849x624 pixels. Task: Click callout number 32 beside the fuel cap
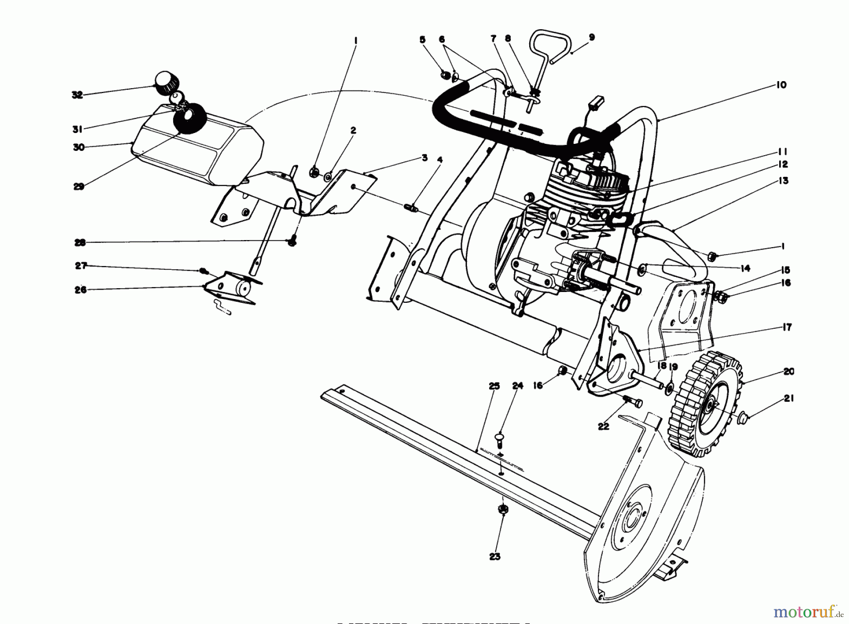[77, 95]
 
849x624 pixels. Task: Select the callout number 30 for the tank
[79, 147]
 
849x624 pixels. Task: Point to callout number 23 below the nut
[494, 557]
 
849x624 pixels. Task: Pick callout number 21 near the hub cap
[789, 399]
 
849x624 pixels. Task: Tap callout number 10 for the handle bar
[781, 85]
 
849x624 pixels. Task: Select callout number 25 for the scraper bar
[494, 386]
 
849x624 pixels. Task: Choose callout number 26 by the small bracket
[81, 290]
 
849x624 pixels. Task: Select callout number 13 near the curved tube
[783, 181]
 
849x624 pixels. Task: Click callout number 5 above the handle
[423, 40]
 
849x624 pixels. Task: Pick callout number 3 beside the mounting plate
[424, 158]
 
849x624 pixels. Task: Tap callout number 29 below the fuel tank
[79, 186]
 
